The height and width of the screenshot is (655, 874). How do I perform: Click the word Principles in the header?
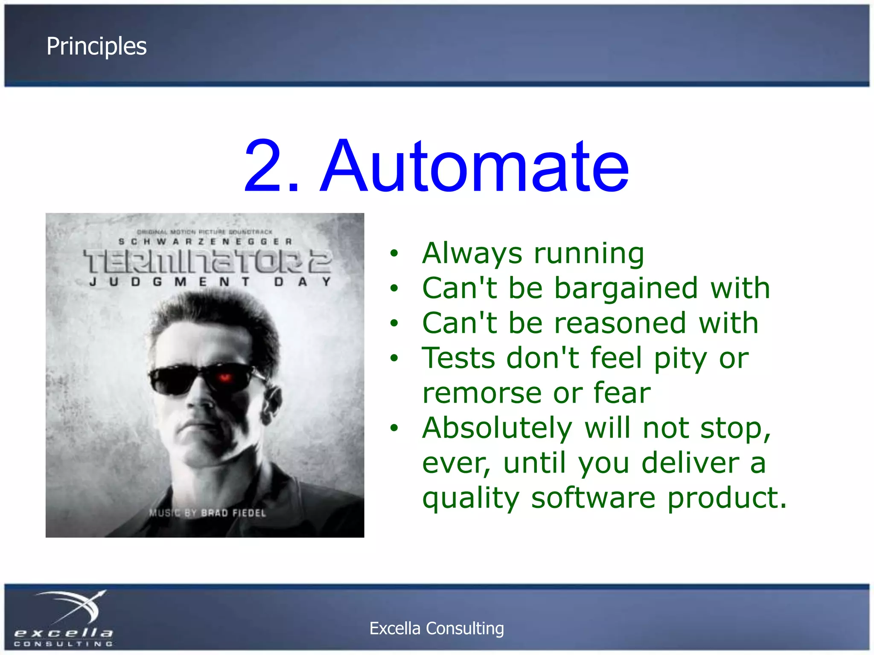(x=96, y=46)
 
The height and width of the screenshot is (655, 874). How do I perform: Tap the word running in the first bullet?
(x=589, y=254)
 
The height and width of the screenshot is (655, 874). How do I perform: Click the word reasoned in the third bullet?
(x=620, y=323)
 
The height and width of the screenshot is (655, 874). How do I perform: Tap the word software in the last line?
(x=593, y=498)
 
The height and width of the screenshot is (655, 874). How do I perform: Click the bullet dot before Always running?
(x=394, y=254)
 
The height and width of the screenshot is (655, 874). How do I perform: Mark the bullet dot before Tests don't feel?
(x=394, y=359)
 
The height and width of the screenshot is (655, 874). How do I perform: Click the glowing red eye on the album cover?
(x=225, y=377)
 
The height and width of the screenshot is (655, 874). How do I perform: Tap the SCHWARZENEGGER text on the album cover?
(x=205, y=242)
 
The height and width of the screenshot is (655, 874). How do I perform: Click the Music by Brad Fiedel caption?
(x=207, y=513)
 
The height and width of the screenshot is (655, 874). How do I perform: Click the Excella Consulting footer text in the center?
(x=437, y=629)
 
